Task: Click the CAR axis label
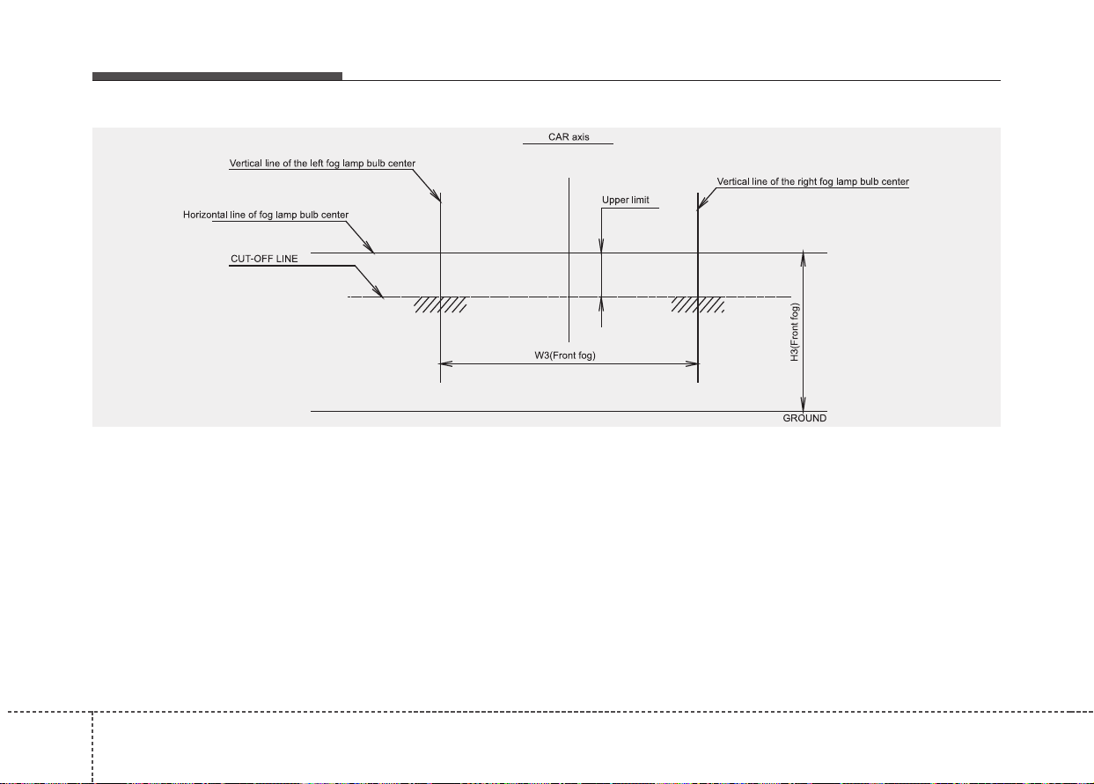tap(569, 137)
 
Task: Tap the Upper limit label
tap(625, 200)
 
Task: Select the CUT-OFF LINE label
tap(264, 259)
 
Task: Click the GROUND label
tap(804, 418)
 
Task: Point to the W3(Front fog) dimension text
tap(565, 355)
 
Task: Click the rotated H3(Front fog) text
tap(795, 332)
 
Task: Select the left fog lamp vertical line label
tap(322, 164)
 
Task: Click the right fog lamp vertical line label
tap(812, 181)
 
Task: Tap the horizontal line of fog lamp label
tap(266, 215)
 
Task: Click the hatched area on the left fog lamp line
tap(440, 304)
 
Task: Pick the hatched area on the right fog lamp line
tap(697, 304)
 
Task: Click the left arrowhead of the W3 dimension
tap(445, 363)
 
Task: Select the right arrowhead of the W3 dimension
tap(692, 363)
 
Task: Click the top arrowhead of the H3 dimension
tap(803, 260)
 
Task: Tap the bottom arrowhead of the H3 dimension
tap(803, 404)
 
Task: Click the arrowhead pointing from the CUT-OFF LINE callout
tap(378, 292)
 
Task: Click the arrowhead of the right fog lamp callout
tap(702, 204)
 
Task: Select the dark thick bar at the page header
tap(217, 77)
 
